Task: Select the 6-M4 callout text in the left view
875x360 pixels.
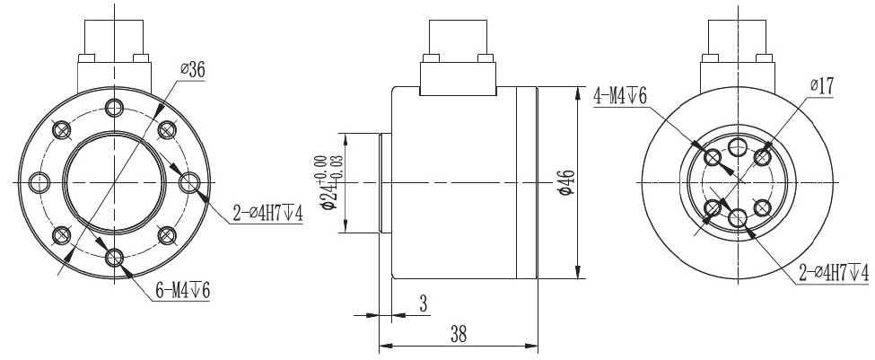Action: [x=177, y=292]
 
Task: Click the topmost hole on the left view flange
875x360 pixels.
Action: [x=113, y=109]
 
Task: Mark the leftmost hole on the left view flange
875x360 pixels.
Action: [x=38, y=183]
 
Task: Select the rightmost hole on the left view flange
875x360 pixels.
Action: [x=188, y=183]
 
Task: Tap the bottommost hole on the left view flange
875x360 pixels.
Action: [x=113, y=259]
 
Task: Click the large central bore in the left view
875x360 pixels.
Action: [x=113, y=183]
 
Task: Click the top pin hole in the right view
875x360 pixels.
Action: [x=738, y=147]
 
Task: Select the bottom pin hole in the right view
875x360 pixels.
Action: [x=738, y=217]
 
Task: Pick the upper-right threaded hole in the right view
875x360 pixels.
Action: [x=763, y=157]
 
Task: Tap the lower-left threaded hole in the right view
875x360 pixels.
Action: [x=713, y=208]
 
